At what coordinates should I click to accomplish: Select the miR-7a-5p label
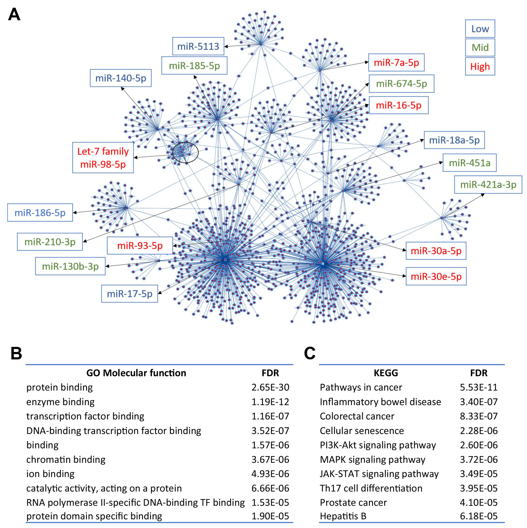click(396, 63)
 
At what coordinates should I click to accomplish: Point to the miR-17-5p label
click(129, 294)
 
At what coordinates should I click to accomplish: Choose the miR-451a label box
click(469, 163)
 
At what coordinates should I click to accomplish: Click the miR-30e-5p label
click(436, 276)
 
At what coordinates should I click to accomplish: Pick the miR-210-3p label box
click(50, 242)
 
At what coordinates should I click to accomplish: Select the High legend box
click(480, 66)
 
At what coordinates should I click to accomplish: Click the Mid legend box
click(480, 48)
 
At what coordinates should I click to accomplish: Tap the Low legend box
click(480, 29)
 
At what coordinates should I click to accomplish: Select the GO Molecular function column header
click(136, 373)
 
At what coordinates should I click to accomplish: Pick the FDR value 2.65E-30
click(270, 387)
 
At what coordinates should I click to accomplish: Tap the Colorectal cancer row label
click(357, 416)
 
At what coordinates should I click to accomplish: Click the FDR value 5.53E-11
click(479, 387)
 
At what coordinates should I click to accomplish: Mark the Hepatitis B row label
click(343, 516)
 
